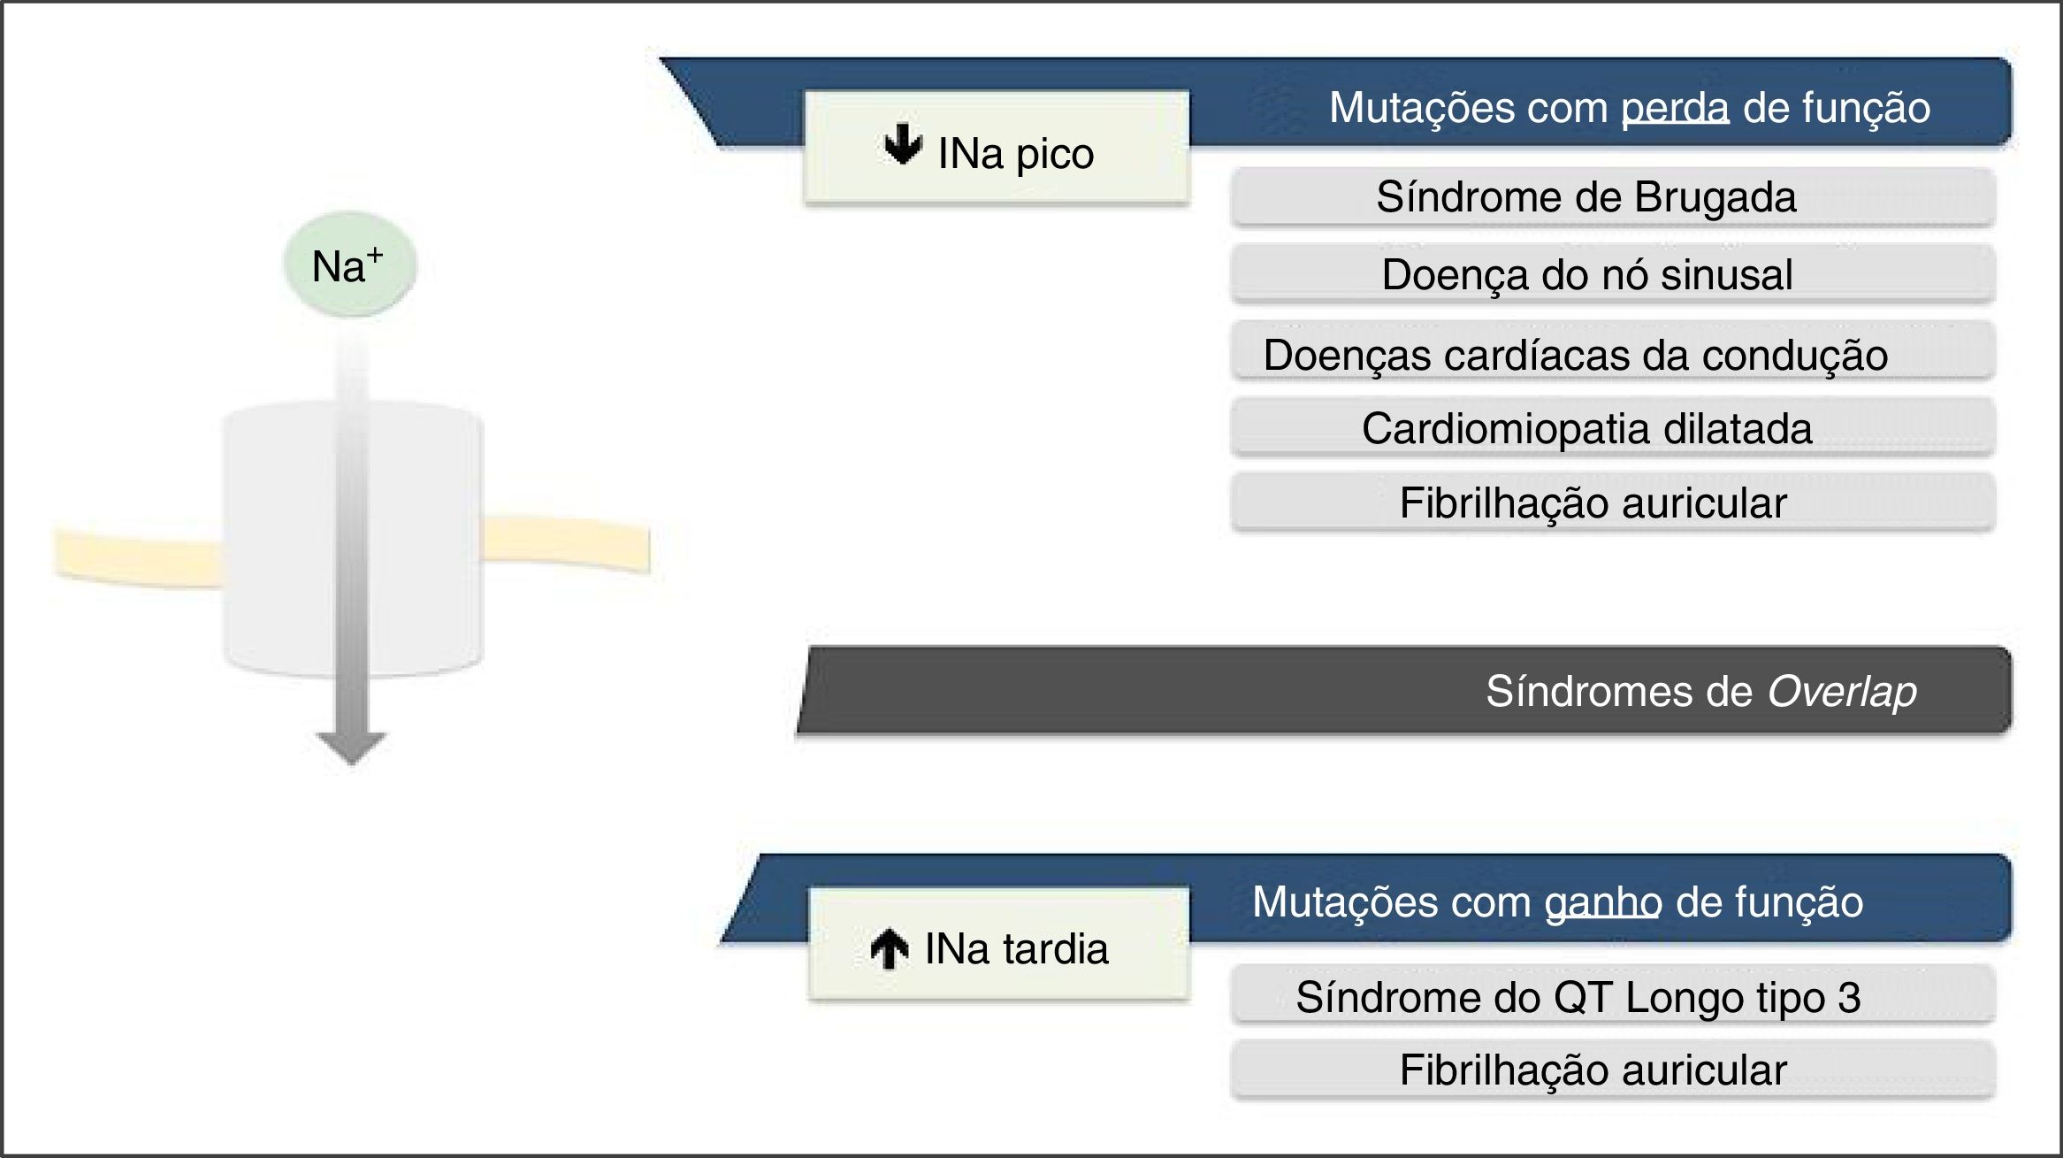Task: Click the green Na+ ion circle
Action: pos(349,265)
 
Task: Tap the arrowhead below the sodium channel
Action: pos(352,747)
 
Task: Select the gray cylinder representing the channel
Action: pos(265,540)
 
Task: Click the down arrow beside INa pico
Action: pos(903,145)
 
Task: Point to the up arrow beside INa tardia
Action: pos(890,949)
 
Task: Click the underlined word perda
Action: pos(1675,108)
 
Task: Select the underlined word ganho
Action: pos(1602,903)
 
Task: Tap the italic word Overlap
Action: pos(1842,691)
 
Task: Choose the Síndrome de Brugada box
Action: pos(1612,196)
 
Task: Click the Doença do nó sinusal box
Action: pos(1612,274)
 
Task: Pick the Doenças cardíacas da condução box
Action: pos(1612,355)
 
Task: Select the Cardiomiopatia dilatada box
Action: pos(1612,428)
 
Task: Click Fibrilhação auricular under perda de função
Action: pos(1612,502)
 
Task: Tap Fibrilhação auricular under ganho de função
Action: pos(1612,1070)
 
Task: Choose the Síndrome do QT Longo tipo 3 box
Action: pos(1612,997)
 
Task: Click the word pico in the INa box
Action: pos(1054,155)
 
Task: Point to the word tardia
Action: pos(1054,949)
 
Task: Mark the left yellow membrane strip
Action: pos(137,559)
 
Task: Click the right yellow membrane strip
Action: pos(566,544)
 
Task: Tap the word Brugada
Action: pos(1715,196)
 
